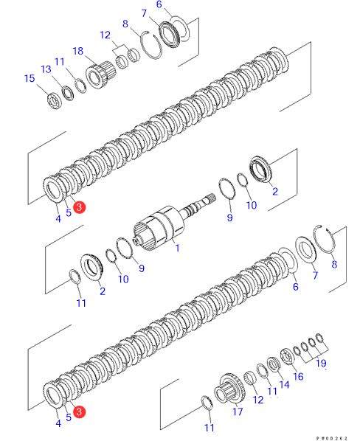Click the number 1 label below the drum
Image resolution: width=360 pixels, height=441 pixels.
[177, 248]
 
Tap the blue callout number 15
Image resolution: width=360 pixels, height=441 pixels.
[30, 78]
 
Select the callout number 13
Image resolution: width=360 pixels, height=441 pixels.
[46, 69]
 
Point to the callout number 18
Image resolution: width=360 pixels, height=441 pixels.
[78, 51]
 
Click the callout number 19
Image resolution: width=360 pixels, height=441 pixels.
[321, 363]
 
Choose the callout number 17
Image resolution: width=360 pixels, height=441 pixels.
[238, 412]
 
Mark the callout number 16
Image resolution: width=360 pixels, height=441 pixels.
[298, 376]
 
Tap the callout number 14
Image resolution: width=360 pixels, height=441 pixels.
[284, 384]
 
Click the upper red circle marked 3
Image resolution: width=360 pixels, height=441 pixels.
[79, 207]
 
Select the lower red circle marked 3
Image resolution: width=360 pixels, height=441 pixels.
[79, 412]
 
